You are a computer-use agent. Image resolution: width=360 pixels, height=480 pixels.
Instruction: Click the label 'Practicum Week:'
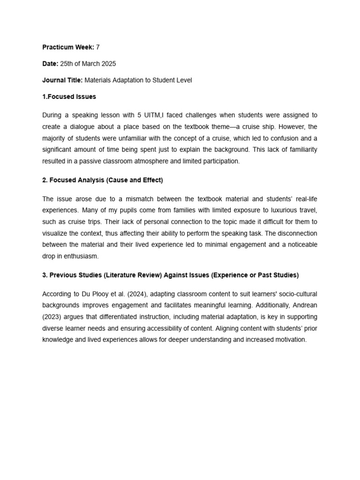(68, 47)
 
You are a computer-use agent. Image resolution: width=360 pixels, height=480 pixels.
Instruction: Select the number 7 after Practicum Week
(97, 47)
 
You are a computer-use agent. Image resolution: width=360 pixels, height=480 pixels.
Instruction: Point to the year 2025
(109, 64)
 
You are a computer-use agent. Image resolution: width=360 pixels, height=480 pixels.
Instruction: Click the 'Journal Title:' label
(62, 80)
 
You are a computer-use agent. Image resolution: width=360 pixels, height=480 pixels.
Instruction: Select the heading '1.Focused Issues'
(69, 97)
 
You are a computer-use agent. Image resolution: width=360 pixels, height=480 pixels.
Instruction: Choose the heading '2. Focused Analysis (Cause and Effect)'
(102, 180)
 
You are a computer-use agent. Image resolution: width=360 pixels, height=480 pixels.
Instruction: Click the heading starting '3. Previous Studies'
(170, 275)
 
